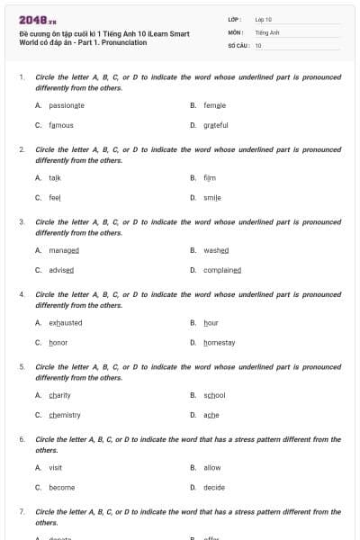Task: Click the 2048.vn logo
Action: [38, 20]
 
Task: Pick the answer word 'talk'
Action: [55, 178]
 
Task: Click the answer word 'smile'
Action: [212, 197]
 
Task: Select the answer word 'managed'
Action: [64, 250]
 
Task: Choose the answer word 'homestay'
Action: [220, 343]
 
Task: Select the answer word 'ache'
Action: [211, 415]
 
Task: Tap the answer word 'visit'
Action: [56, 468]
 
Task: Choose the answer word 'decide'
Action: [214, 488]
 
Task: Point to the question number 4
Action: [22, 294]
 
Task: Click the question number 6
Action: [22, 439]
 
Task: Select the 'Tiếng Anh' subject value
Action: [267, 31]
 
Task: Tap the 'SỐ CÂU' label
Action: [238, 45]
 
